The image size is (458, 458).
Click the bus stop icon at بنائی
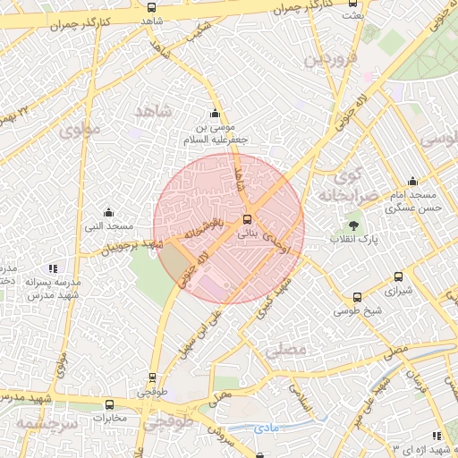(x=248, y=219)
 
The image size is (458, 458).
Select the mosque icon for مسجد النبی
(x=108, y=212)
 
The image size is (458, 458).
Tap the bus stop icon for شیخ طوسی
(x=358, y=297)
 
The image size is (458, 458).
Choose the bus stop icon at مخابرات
(x=109, y=403)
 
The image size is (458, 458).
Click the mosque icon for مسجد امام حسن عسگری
(x=412, y=181)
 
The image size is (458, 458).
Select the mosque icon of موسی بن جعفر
(x=215, y=114)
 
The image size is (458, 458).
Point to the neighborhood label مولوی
(x=81, y=130)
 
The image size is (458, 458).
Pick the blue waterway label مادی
(x=267, y=428)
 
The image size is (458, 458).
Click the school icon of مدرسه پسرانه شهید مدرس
(x=53, y=267)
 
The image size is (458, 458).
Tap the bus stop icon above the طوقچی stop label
(x=151, y=377)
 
